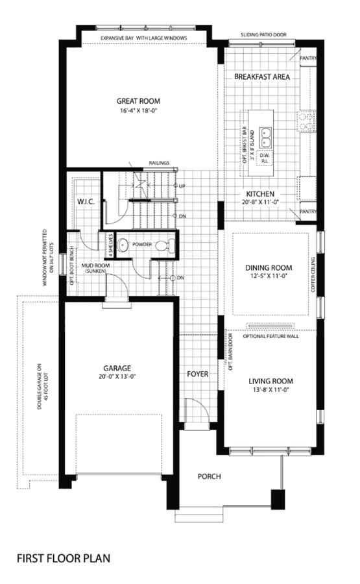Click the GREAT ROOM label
(x=138, y=101)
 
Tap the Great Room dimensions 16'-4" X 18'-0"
(x=138, y=110)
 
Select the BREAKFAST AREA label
(x=261, y=77)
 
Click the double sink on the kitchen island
(x=265, y=138)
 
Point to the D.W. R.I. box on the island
(x=264, y=158)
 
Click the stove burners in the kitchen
(x=306, y=121)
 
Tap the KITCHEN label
(x=260, y=194)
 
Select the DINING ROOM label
(x=269, y=268)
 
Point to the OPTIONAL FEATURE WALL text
(x=270, y=336)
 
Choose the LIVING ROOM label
(x=270, y=381)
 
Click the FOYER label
(x=197, y=374)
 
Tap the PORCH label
(x=210, y=476)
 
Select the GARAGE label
(x=117, y=369)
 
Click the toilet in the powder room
(x=165, y=246)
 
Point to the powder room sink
(x=122, y=245)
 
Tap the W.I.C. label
(x=86, y=202)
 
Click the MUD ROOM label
(x=96, y=265)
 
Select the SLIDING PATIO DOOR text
(x=263, y=34)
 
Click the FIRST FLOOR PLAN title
(x=64, y=558)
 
